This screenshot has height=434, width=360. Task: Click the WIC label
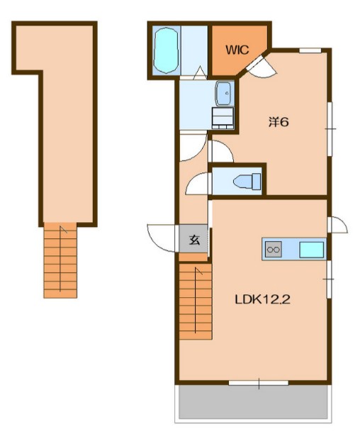[x=237, y=50]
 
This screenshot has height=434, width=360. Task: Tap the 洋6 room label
[x=279, y=122]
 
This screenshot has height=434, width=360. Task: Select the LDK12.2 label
[x=262, y=299]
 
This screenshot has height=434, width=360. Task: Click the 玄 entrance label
[x=194, y=240]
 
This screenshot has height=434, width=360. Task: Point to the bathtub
[x=166, y=50]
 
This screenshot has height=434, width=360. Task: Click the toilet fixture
[x=247, y=182]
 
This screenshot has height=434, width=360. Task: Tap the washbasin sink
[x=223, y=94]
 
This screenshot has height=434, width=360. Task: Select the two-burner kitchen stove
[x=274, y=249]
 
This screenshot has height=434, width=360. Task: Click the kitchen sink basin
[x=312, y=250]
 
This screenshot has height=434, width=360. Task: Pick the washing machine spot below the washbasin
[x=223, y=118]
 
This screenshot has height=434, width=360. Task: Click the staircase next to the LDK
[x=196, y=301]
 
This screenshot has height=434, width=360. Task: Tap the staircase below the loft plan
[x=60, y=260]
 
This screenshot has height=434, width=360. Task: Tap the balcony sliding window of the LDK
[x=259, y=383]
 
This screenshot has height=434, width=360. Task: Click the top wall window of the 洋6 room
[x=310, y=50]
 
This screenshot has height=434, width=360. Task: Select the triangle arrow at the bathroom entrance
[x=200, y=73]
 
